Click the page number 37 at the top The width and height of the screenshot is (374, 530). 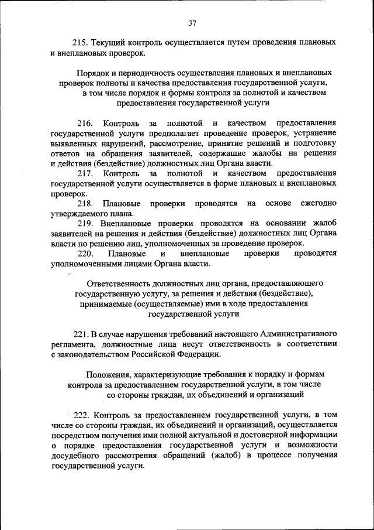click(x=192, y=23)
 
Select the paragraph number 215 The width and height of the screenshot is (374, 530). click(x=79, y=43)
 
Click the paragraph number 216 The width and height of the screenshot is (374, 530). click(x=85, y=124)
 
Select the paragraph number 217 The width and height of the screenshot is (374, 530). click(x=85, y=173)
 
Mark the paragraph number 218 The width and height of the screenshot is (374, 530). click(x=85, y=203)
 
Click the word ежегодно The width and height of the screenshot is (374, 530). click(x=318, y=203)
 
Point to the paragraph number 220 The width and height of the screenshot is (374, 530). click(x=85, y=253)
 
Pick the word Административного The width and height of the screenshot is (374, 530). click(x=298, y=333)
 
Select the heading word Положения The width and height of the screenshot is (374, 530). click(x=108, y=374)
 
